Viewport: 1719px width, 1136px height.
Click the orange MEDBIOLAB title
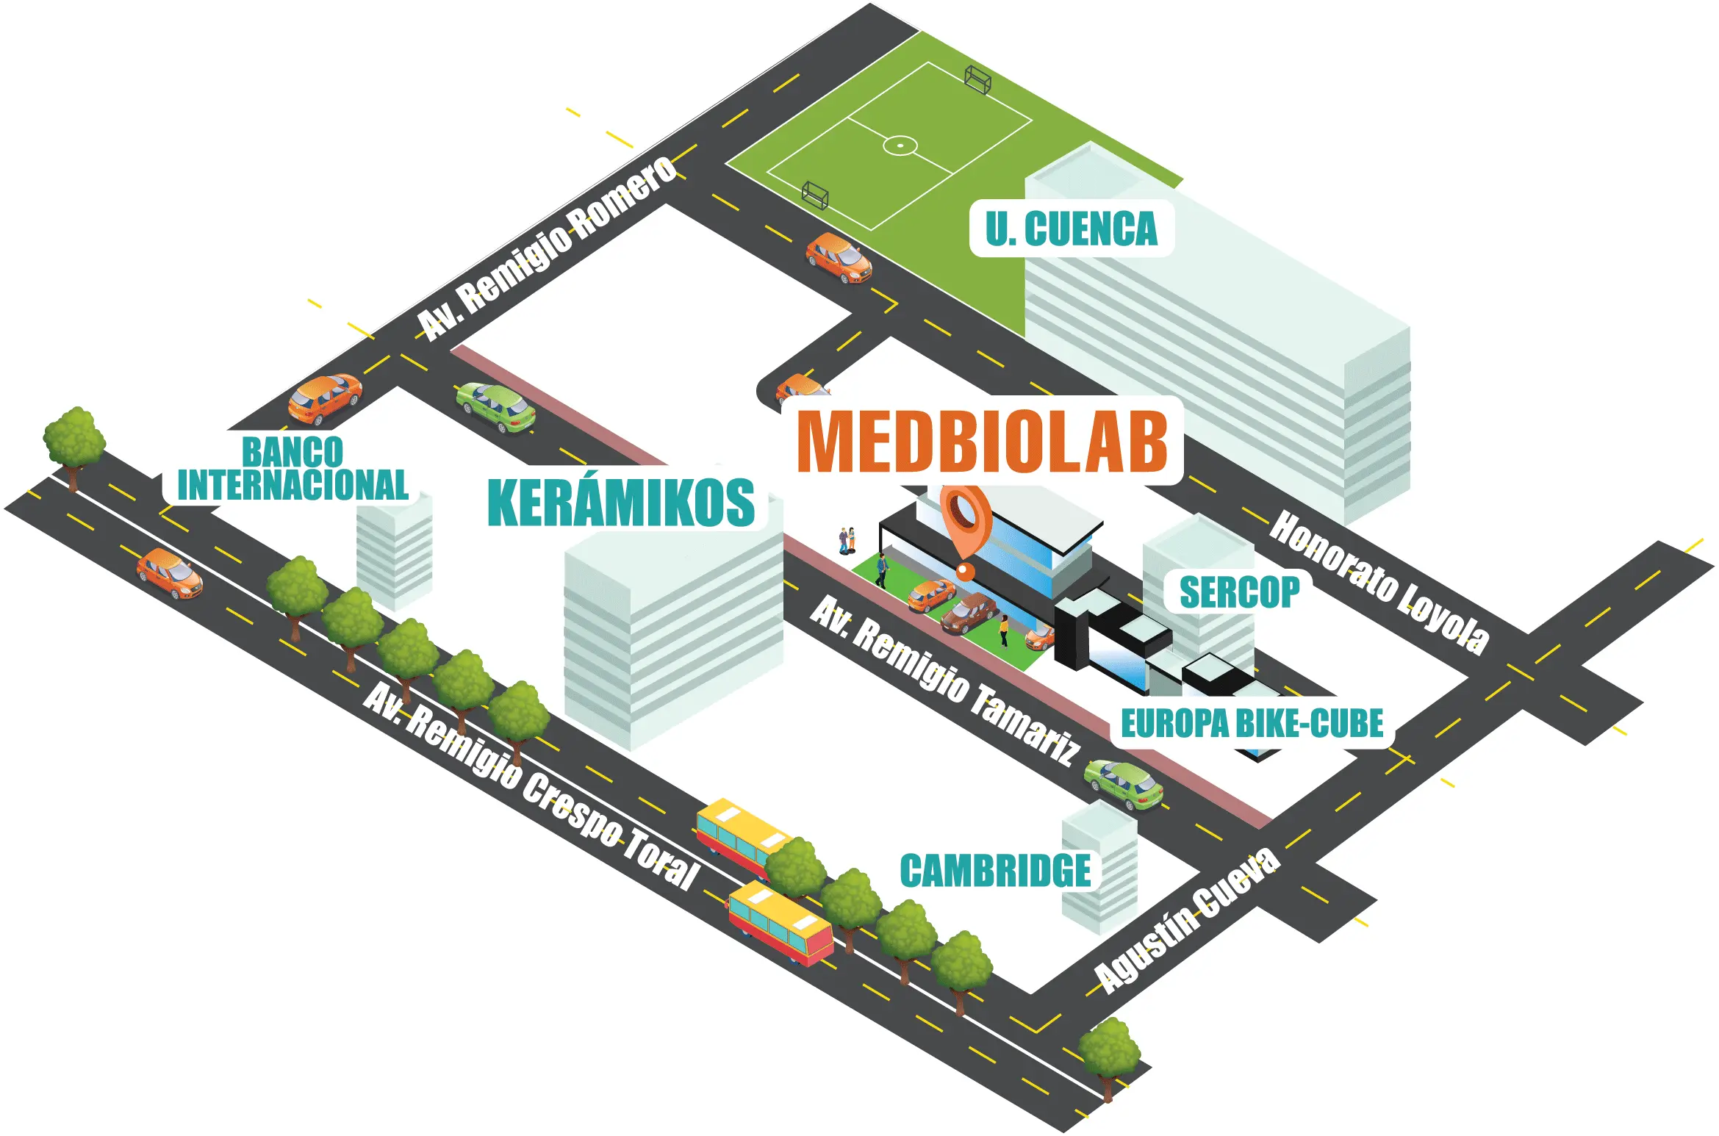pyautogui.click(x=982, y=441)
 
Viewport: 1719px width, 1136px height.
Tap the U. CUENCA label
pyautogui.click(x=1071, y=229)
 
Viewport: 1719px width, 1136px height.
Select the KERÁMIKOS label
pyautogui.click(x=621, y=503)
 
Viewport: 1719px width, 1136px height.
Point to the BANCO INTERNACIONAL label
pyautogui.click(x=293, y=470)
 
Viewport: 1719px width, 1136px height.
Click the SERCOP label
pyautogui.click(x=1239, y=592)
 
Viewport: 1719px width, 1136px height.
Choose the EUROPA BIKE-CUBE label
pyautogui.click(x=1252, y=723)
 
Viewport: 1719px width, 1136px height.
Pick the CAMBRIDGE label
pyautogui.click(x=995, y=871)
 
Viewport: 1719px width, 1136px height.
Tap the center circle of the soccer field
pyautogui.click(x=900, y=145)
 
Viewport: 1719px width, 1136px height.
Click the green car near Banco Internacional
pyautogui.click(x=495, y=407)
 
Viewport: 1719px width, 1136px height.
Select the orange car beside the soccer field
pyautogui.click(x=839, y=257)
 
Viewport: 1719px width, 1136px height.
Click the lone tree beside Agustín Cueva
pyautogui.click(x=1109, y=1051)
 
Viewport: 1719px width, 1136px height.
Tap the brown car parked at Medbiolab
pyautogui.click(x=969, y=614)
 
